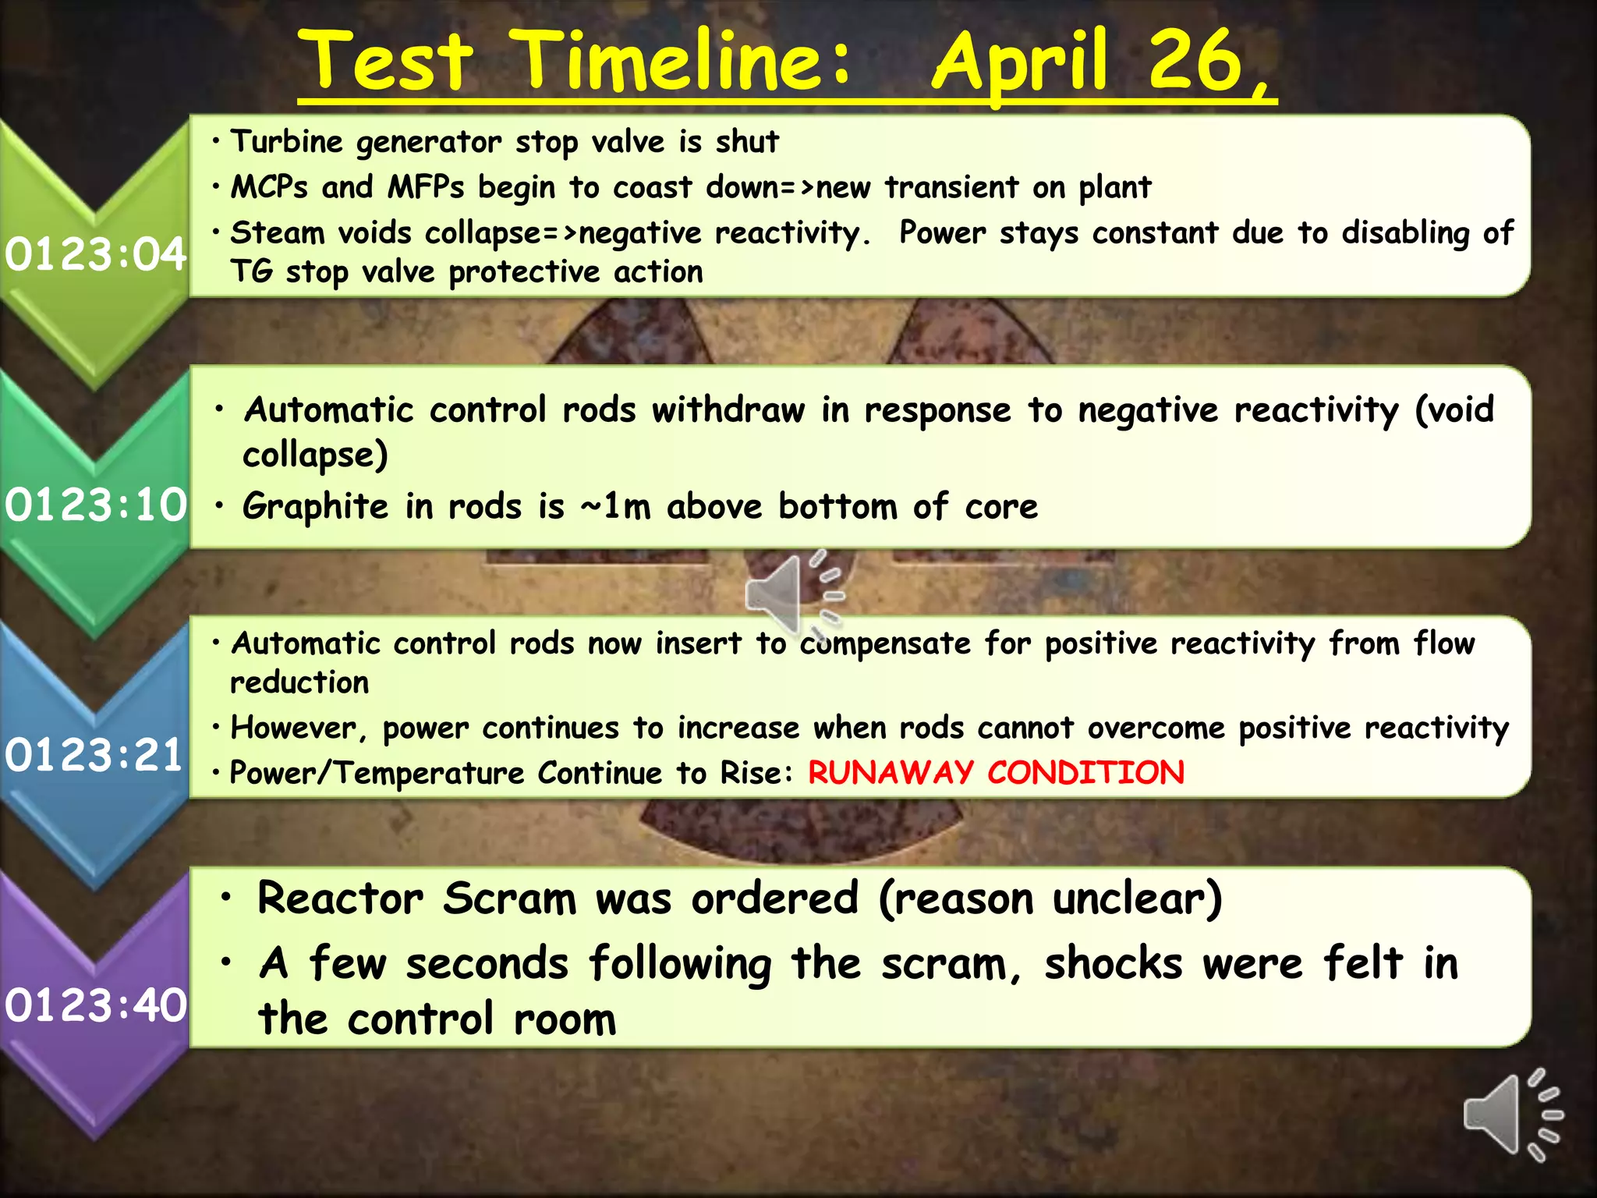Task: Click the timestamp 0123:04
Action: click(95, 254)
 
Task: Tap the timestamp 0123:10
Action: click(95, 505)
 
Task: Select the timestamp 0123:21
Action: click(94, 756)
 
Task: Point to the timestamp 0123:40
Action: click(95, 1005)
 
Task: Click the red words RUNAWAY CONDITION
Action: click(996, 773)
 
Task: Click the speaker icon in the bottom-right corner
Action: click(1512, 1115)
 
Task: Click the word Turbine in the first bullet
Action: click(286, 142)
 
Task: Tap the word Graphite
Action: click(315, 507)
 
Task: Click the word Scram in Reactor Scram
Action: click(509, 898)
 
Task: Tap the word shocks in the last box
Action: click(1114, 963)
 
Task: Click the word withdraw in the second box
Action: click(728, 410)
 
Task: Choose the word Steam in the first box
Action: click(277, 232)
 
